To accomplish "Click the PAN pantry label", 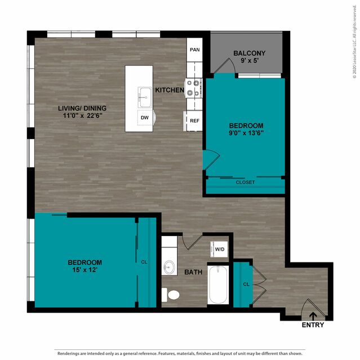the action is coord(195,50).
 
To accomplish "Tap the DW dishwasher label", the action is coord(145,118).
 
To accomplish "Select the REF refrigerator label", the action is coord(195,121).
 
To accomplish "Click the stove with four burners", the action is coord(194,88).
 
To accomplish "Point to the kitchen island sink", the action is coord(145,97).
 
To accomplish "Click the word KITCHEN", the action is coord(170,90).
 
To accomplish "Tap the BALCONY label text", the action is coord(250,54).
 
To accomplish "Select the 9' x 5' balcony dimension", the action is coord(250,61).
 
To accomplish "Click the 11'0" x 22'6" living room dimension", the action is coord(82,115).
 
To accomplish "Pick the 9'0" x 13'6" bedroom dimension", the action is coord(246,133).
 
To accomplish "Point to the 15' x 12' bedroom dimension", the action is coord(85,270).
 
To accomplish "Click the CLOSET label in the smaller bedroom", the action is coord(245,183).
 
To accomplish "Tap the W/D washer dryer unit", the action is coord(219,249).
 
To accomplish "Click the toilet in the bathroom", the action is coord(171,295).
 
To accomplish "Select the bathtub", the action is coord(218,285).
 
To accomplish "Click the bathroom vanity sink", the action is coord(169,267).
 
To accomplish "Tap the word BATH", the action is coord(194,272).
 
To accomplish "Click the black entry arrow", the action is coord(313,317).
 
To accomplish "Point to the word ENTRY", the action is coord(313,325).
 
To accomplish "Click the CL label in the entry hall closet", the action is coord(246,285).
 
